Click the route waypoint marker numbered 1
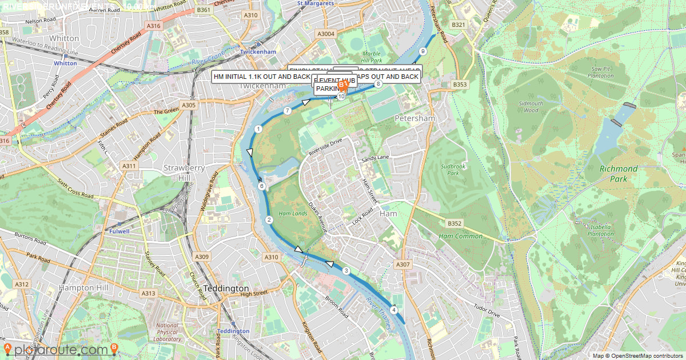tap(258, 129)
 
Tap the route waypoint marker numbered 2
tap(269, 220)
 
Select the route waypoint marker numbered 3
tap(346, 271)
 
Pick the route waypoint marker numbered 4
tap(394, 310)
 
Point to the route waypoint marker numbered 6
tap(261, 186)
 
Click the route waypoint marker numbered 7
tap(288, 111)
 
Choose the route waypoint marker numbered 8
tap(378, 85)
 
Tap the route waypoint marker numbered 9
tap(422, 51)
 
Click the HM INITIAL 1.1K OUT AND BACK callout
tap(261, 77)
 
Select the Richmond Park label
tap(619, 174)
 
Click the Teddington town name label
tap(226, 289)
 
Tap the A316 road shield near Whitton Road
tap(153, 26)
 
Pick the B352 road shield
tap(455, 223)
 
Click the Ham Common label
tap(461, 236)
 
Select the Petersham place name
tap(415, 118)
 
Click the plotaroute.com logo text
tap(61, 350)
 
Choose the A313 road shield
tap(149, 293)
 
